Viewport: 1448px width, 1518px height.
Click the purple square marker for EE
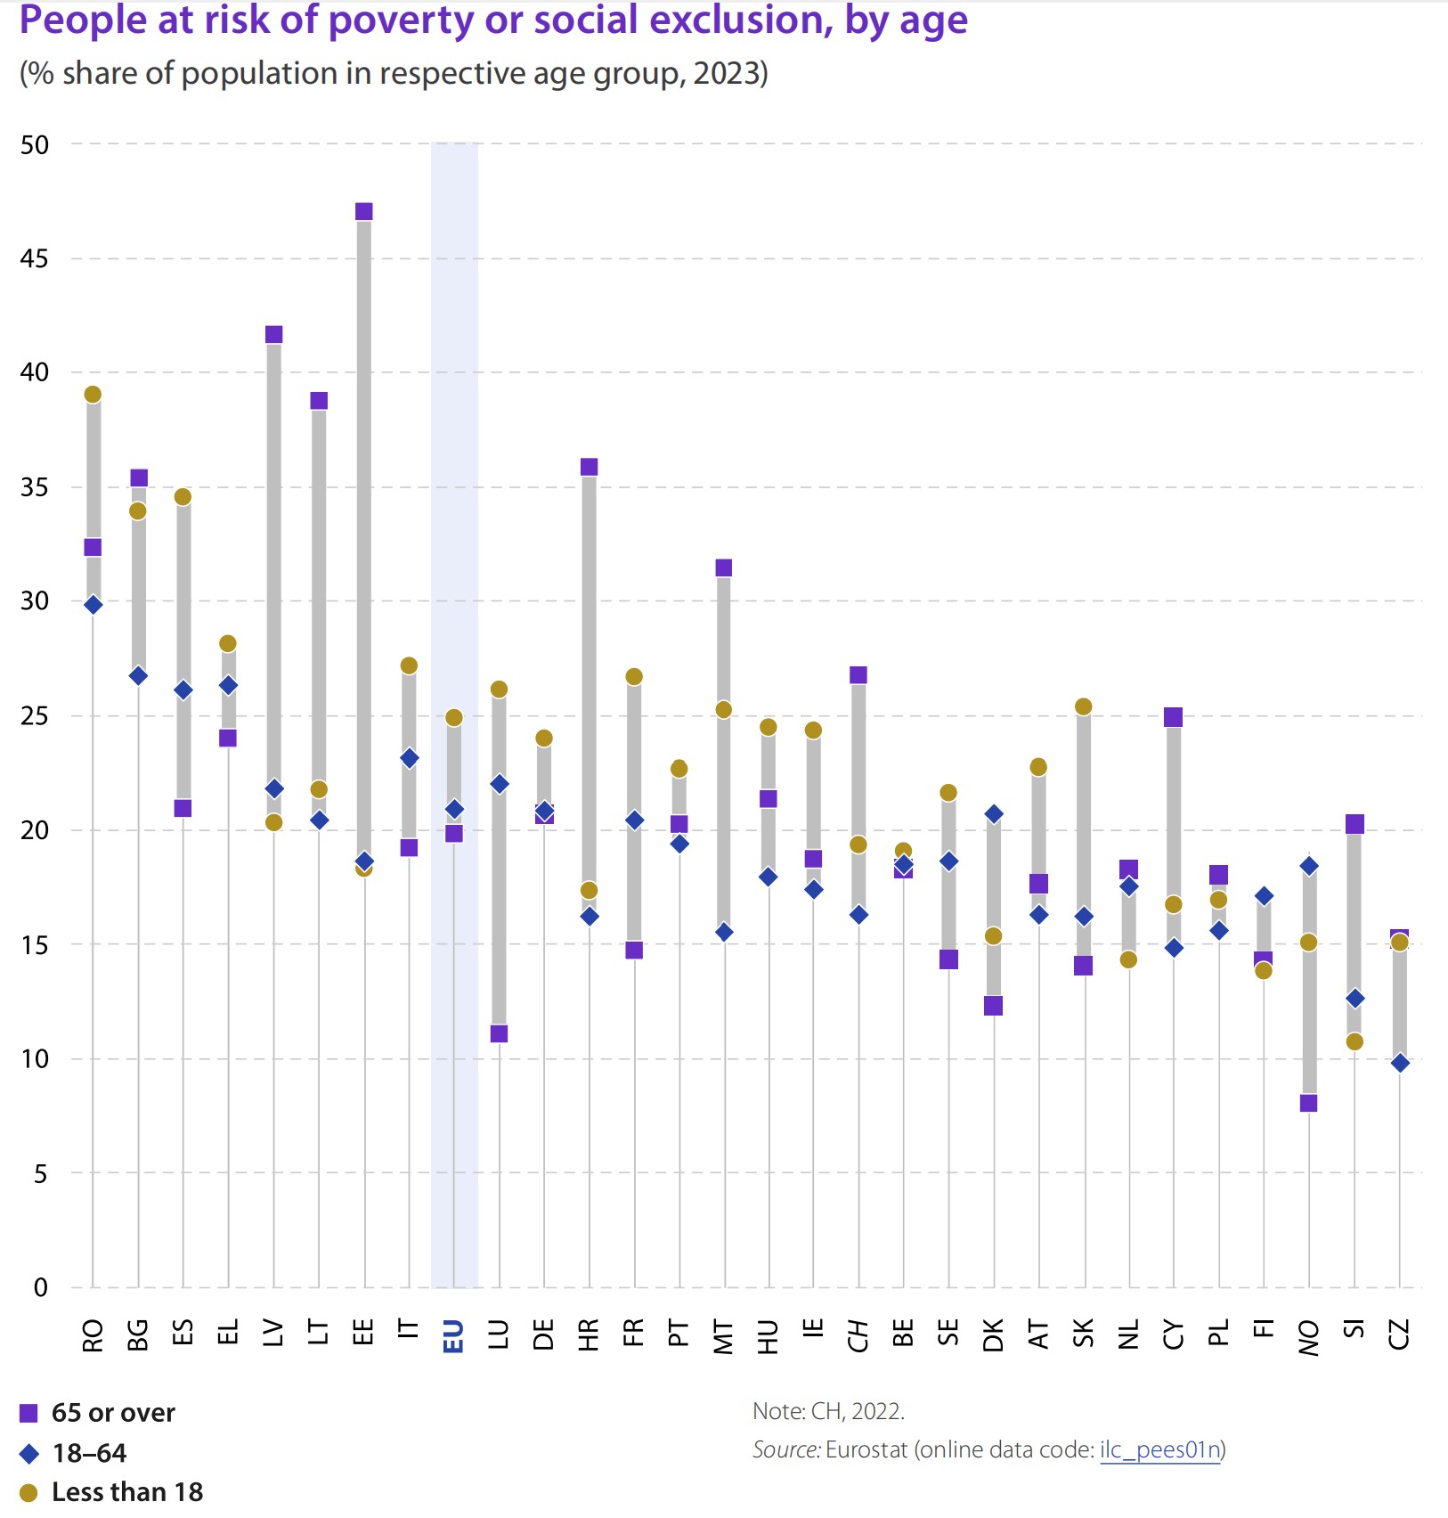tap(363, 211)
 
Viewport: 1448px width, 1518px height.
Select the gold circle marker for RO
tap(93, 395)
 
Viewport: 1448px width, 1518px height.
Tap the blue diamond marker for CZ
tap(1400, 1063)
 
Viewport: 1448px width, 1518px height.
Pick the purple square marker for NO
tap(1308, 1103)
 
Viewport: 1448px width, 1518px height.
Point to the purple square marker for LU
tap(499, 1033)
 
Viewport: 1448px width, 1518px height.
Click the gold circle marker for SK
tap(1083, 706)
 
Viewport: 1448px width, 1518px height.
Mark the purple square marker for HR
tap(589, 467)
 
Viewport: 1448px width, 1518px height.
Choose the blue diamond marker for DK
tap(994, 813)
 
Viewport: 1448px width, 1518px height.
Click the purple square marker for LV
tap(273, 334)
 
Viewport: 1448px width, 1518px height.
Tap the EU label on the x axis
tap(453, 1336)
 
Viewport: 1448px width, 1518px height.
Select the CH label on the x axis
tap(858, 1336)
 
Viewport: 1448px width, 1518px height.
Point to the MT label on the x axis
tap(723, 1336)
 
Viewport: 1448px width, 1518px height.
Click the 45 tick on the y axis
tap(35, 258)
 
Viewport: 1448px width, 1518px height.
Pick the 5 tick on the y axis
tap(40, 1173)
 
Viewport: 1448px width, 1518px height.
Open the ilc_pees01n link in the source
tap(1159, 1449)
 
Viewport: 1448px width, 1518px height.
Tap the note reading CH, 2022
tap(828, 1411)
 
